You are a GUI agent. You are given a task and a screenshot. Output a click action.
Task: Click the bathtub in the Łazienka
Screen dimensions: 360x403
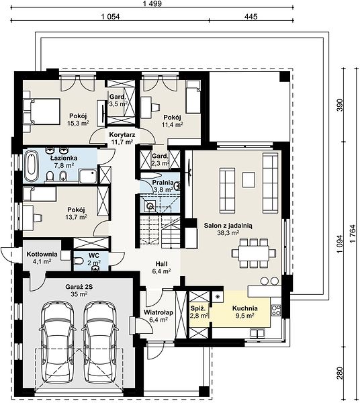[31, 167]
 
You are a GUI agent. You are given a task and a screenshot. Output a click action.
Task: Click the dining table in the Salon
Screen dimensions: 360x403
[254, 253]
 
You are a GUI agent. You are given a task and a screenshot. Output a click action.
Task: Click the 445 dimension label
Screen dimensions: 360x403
[251, 17]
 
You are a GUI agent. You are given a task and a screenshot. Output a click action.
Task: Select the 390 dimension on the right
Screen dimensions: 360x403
[340, 105]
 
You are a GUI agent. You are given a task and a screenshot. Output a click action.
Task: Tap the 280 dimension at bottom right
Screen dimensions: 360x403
[340, 373]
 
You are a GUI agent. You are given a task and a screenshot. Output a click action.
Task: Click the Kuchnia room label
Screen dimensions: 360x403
[245, 308]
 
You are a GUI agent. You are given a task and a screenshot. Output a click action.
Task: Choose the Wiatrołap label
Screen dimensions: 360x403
[159, 312]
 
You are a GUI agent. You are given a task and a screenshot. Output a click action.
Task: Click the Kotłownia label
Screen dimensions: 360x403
[42, 254]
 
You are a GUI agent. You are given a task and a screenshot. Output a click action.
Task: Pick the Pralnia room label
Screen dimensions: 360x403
[163, 183]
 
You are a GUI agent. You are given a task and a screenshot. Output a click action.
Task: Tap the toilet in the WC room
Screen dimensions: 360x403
[79, 261]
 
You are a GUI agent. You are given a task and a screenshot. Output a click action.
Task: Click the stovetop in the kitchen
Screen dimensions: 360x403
[276, 310]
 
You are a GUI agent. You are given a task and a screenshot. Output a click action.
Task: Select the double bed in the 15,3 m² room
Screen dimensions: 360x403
[42, 111]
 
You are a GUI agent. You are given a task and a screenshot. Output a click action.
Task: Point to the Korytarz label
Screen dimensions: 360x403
[122, 135]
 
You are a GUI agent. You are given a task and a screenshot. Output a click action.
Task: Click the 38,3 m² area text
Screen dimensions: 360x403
[228, 233]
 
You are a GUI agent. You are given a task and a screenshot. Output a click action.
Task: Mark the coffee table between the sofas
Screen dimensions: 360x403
[249, 179]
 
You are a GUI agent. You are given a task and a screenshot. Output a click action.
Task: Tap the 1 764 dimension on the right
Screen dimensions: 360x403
[353, 233]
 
